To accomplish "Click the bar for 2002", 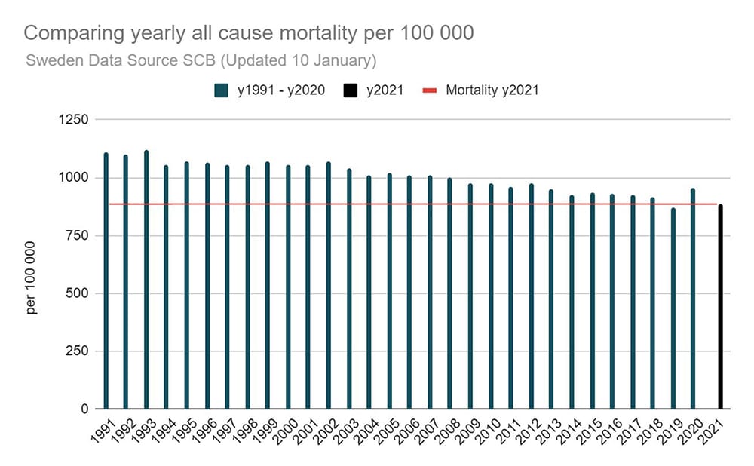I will coord(328,286).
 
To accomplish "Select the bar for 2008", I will coord(449,293).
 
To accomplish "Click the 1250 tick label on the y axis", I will coord(75,120).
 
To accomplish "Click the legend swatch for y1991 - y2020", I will coord(222,90).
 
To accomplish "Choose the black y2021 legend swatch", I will coord(350,90).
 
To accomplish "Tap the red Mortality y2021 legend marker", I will coord(429,90).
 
